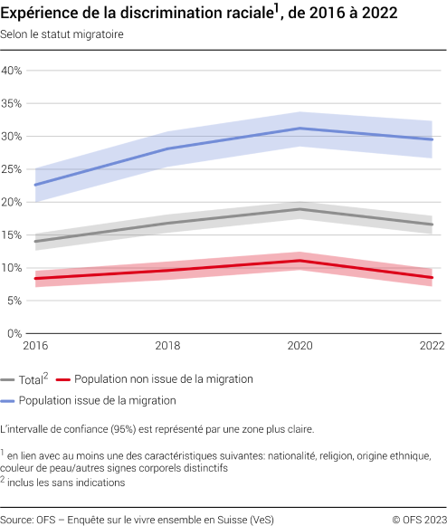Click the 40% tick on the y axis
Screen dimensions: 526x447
(12, 71)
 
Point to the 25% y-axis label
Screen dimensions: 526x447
(12, 169)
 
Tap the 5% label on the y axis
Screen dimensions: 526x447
(14, 301)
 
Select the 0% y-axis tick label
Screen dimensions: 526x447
(14, 333)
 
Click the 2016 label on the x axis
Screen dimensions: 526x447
(36, 346)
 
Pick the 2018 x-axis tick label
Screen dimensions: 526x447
(168, 346)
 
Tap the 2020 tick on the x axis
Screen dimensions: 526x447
(300, 346)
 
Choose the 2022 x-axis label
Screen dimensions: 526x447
(431, 346)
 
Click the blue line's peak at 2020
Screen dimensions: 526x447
(300, 129)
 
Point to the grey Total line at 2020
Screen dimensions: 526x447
(300, 209)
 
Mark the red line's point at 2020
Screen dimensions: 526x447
(300, 261)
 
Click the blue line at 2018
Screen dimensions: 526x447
(168, 148)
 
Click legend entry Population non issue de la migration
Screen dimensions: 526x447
(163, 379)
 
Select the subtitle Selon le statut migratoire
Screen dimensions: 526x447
(62, 34)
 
